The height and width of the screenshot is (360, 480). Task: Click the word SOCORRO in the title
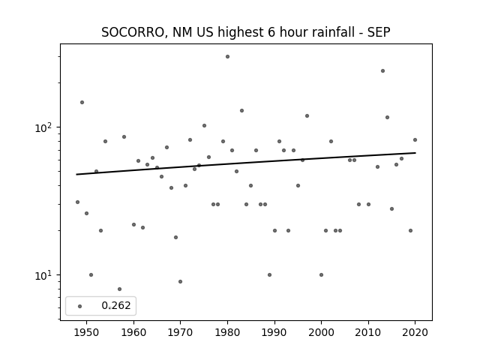tap(133, 32)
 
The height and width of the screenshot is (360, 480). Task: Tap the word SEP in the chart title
tap(379, 32)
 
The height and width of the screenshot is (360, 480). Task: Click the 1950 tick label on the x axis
tap(87, 332)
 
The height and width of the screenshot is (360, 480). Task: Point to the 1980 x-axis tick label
tap(227, 332)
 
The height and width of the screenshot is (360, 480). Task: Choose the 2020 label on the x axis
tap(415, 332)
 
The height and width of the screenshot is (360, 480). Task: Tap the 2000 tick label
tap(321, 332)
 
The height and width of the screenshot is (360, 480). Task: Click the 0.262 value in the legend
tap(116, 305)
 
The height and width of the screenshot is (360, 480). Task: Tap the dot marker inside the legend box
tap(80, 306)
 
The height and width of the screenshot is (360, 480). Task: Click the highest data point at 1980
tap(227, 57)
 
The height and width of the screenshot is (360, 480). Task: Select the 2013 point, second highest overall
tap(382, 71)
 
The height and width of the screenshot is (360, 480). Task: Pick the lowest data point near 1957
tap(119, 289)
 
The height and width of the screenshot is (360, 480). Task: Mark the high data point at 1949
tap(82, 102)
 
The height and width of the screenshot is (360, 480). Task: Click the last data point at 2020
tap(415, 140)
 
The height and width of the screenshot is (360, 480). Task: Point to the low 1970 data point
tap(180, 282)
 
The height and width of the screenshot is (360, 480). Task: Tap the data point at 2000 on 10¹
tap(321, 275)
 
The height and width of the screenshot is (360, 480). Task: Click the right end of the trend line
tap(415, 152)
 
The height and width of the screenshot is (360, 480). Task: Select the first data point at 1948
tap(77, 202)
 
